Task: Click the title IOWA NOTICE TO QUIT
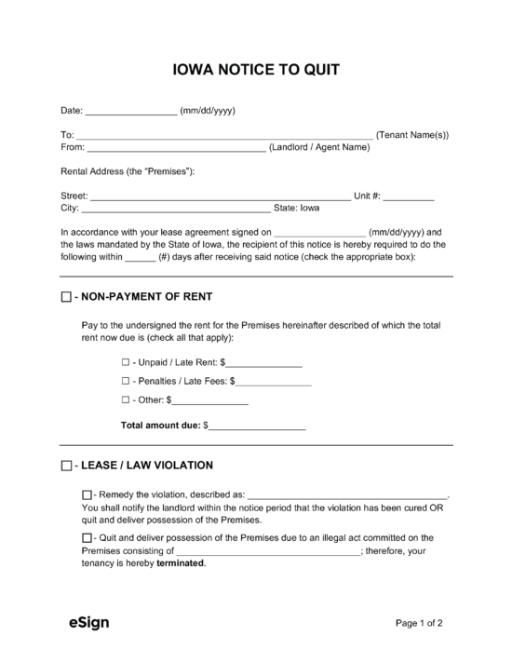[255, 69]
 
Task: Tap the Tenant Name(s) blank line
[224, 136]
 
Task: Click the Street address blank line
[220, 197]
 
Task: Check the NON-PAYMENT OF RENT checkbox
[66, 297]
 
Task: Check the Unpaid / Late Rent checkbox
[126, 361]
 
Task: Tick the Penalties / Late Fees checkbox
[126, 382]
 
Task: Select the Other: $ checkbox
[126, 401]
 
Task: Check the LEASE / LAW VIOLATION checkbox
[66, 466]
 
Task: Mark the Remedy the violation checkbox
[87, 494]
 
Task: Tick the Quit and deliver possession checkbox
[87, 538]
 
